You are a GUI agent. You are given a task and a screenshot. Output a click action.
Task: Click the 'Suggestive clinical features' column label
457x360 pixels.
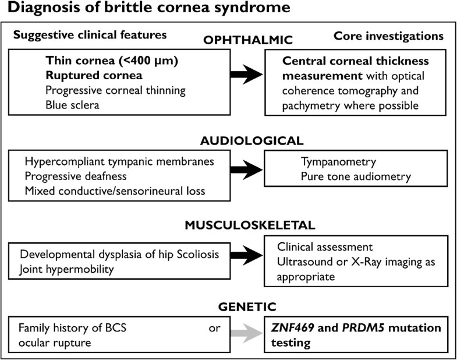[90, 35]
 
